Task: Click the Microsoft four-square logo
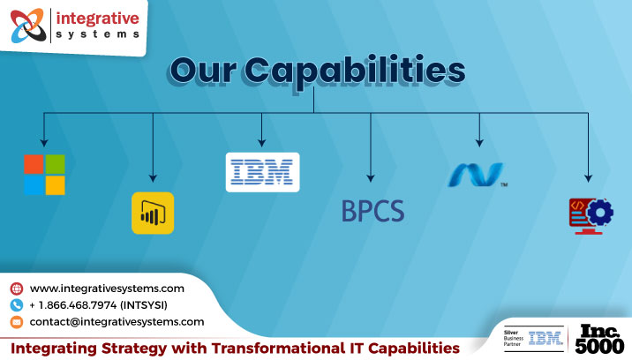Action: (x=44, y=174)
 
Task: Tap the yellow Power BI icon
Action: (x=153, y=213)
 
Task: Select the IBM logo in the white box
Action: (x=262, y=172)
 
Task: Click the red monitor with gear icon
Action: (x=590, y=215)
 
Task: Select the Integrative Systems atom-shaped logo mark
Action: (x=26, y=27)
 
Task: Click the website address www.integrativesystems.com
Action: (x=107, y=289)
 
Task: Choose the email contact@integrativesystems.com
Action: (x=117, y=322)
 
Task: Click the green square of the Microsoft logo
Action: (x=55, y=163)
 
